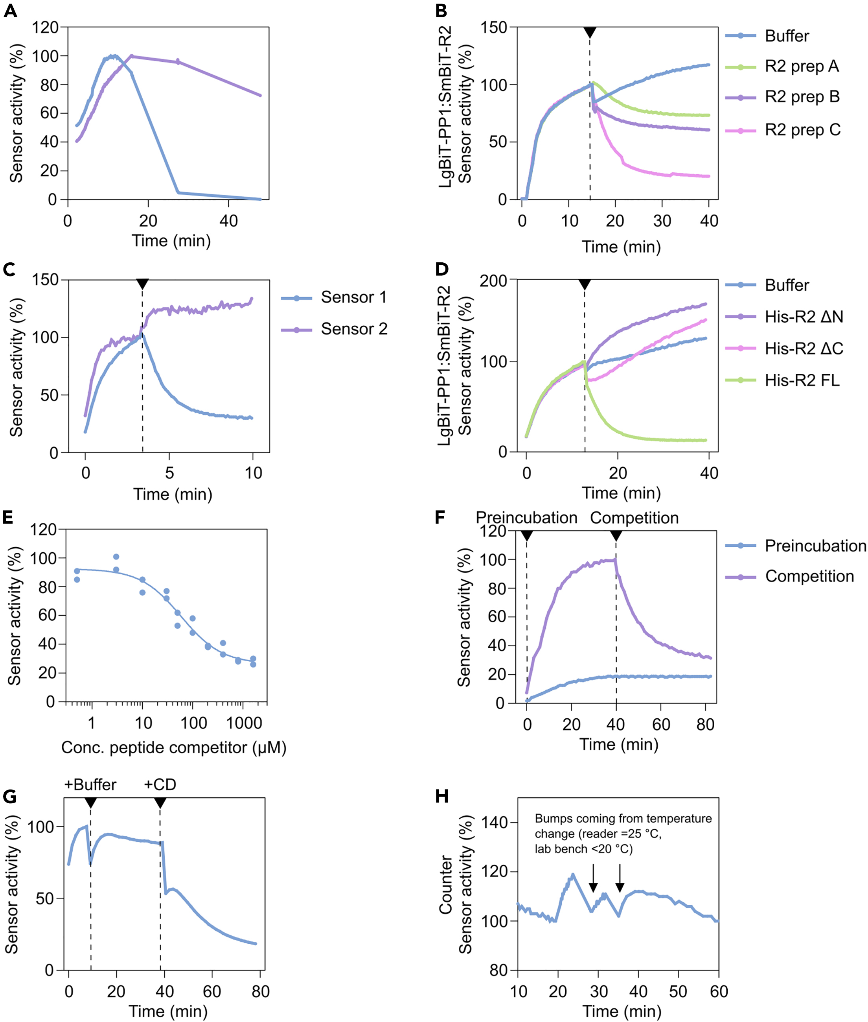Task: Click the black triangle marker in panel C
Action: click(x=142, y=284)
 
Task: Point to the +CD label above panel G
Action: click(x=160, y=785)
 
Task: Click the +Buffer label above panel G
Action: click(x=90, y=785)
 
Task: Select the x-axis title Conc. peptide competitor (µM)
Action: click(x=173, y=748)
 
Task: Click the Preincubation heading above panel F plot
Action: click(x=526, y=518)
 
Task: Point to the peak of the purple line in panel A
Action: click(x=131, y=56)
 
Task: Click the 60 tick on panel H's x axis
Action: click(x=718, y=991)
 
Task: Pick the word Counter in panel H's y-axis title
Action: click(x=445, y=885)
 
